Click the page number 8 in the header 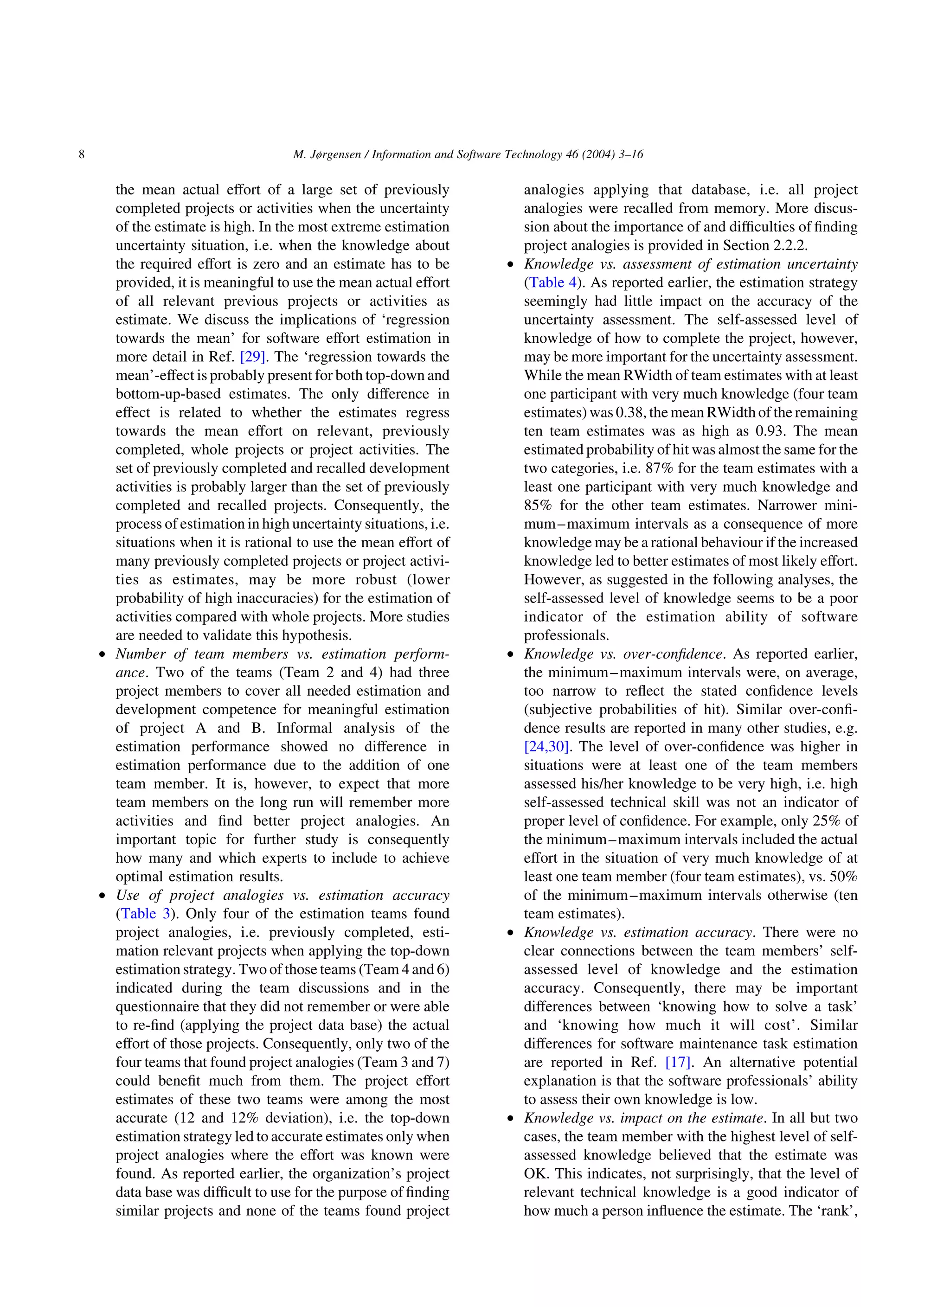[x=81, y=154]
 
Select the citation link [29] [x=252, y=357]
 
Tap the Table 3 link [x=145, y=914]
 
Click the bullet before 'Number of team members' [x=102, y=654]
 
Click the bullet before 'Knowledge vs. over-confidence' [x=510, y=654]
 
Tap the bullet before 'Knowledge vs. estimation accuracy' [x=510, y=933]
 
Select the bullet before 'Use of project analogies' [x=102, y=896]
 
